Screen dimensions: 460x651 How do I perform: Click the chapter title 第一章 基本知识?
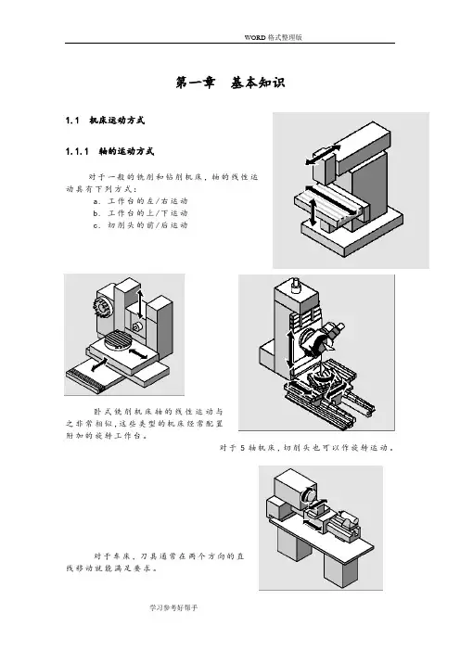coord(230,83)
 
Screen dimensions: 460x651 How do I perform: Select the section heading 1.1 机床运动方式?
coord(105,121)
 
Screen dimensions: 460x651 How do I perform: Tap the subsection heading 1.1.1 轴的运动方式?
coord(109,151)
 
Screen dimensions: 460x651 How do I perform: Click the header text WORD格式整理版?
coord(274,37)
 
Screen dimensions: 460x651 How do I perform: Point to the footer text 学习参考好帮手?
coord(173,607)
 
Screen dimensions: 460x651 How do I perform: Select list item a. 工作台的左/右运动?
coord(141,201)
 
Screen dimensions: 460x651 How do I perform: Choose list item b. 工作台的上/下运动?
coord(141,213)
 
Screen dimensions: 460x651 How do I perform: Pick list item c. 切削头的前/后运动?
coord(141,225)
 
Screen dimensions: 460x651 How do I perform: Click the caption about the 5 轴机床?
coord(307,448)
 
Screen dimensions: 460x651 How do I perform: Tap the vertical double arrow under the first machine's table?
coord(313,212)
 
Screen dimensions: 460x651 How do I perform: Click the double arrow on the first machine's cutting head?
coord(323,154)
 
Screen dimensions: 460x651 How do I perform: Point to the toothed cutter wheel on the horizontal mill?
coord(101,307)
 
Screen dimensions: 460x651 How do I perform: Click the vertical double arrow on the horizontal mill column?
coord(140,304)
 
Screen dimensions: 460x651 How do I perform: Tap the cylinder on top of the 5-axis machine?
coord(295,284)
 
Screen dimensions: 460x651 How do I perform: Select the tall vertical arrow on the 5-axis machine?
coord(290,350)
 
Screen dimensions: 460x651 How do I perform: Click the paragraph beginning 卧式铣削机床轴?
coord(145,424)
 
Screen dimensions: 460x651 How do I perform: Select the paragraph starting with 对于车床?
coord(155,562)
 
